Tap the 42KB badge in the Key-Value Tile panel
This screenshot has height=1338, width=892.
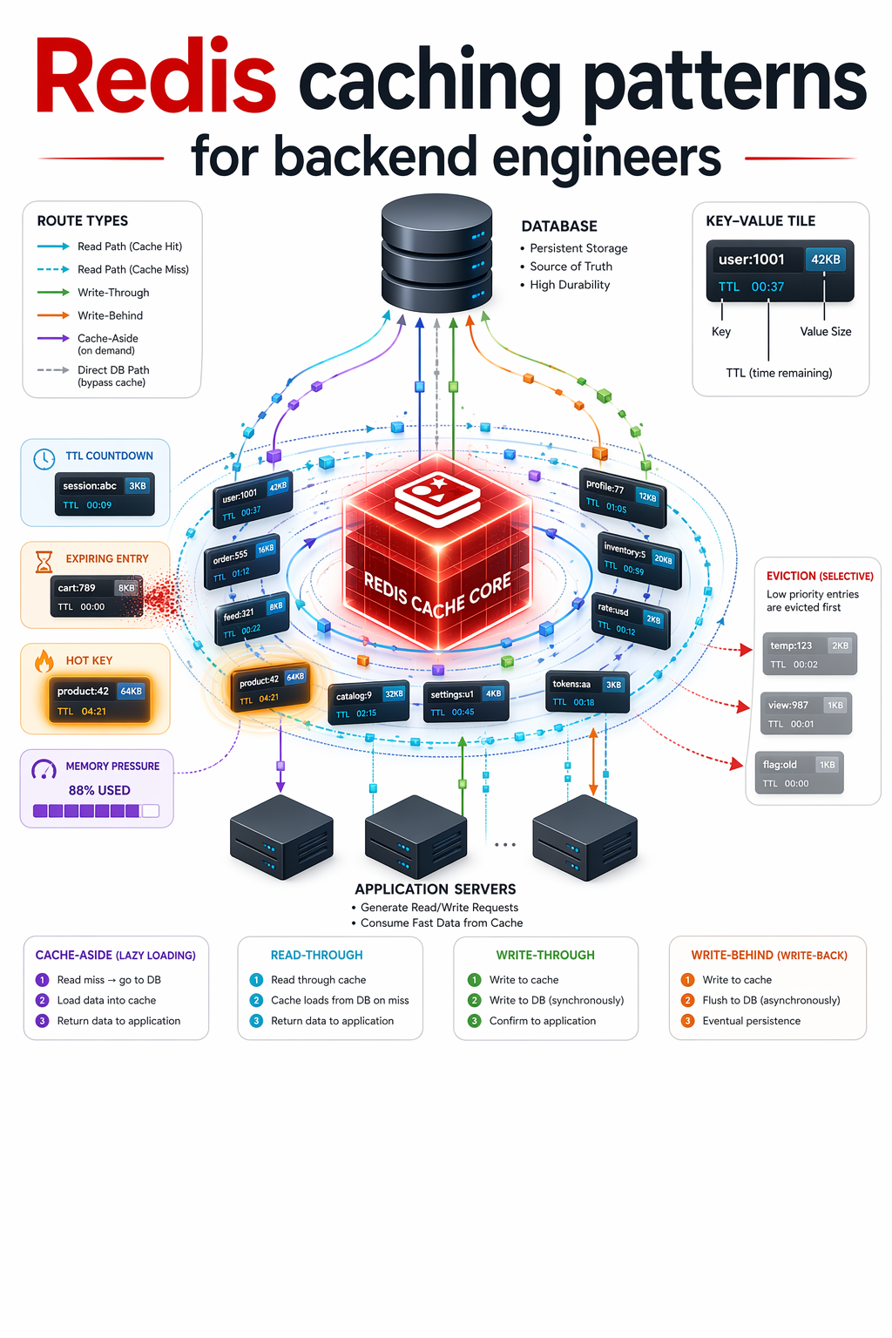coord(825,260)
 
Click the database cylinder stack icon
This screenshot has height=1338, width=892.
coord(436,253)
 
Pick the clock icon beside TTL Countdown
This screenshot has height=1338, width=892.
coord(44,459)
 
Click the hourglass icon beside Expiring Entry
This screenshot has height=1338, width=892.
coord(44,561)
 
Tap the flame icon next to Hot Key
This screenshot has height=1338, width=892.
coord(44,661)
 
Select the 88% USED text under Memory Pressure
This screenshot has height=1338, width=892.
coord(99,790)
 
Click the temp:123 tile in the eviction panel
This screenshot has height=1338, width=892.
coord(809,654)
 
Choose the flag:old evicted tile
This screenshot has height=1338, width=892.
coord(800,773)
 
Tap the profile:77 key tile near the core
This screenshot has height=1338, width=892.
coord(623,498)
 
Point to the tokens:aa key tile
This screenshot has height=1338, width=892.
coord(587,692)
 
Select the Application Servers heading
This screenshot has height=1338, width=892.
coord(436,889)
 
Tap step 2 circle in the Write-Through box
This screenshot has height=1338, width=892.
coord(475,1001)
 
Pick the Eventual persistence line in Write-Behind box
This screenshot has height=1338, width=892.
coord(751,1021)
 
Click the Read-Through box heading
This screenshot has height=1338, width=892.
coord(317,955)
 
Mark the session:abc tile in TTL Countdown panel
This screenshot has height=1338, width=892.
coord(105,495)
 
